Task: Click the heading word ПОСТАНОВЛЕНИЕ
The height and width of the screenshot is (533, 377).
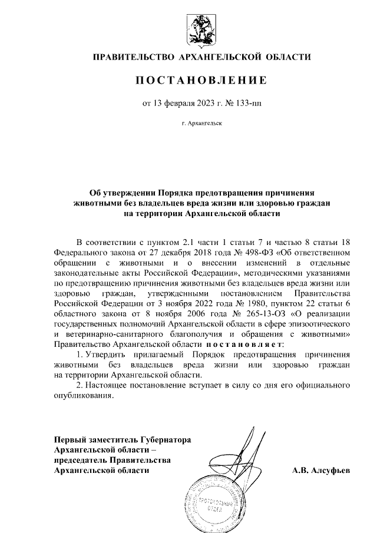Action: click(x=202, y=80)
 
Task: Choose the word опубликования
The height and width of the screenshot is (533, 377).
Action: click(x=82, y=396)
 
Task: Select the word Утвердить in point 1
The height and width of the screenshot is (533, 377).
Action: click(x=107, y=356)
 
